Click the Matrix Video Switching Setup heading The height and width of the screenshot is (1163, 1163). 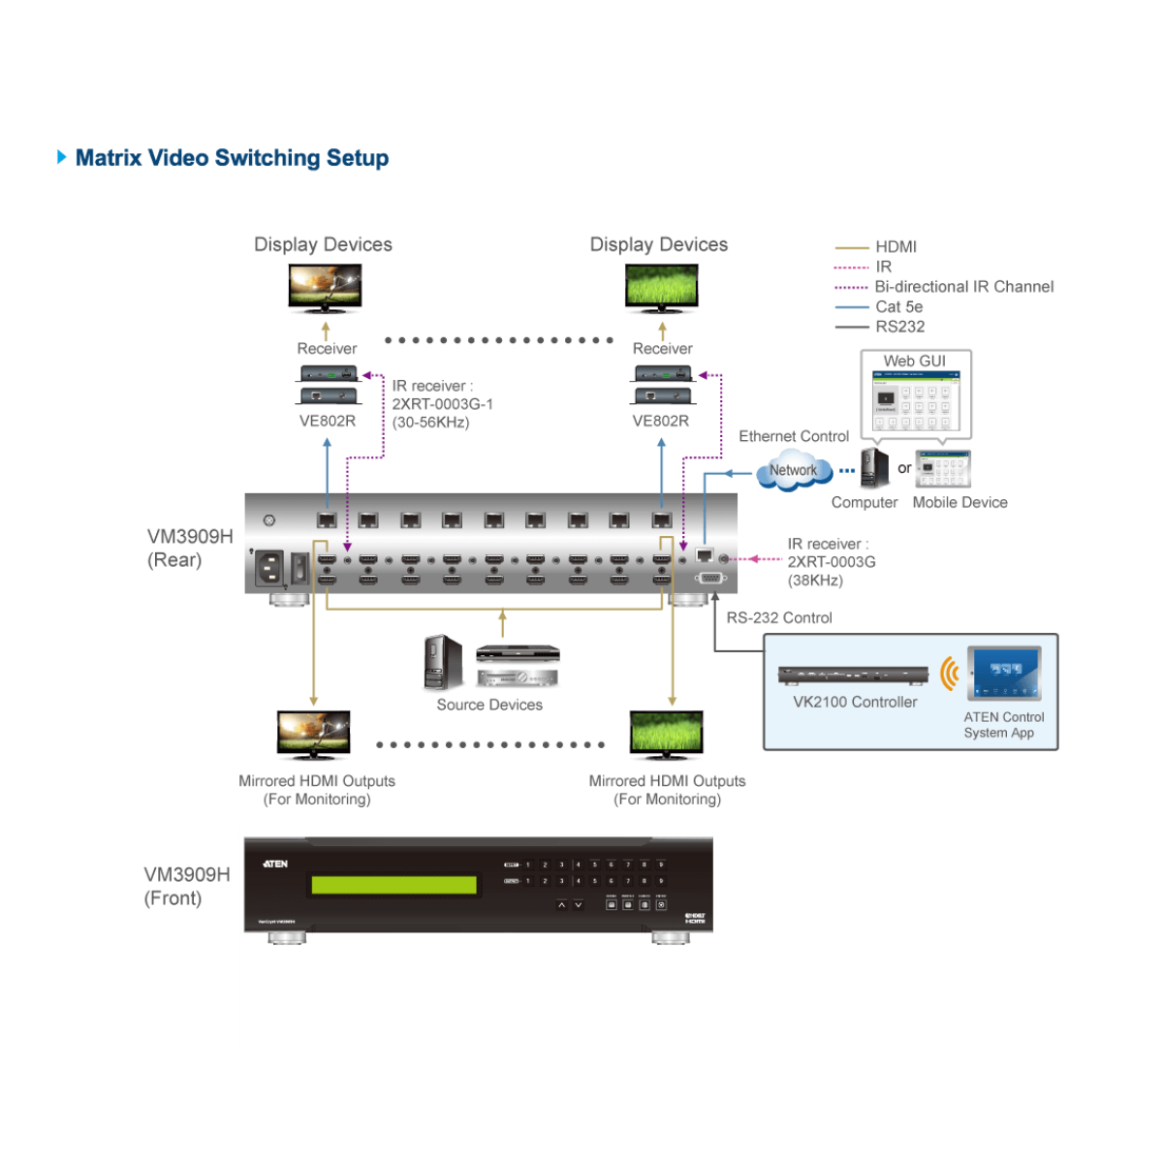(232, 158)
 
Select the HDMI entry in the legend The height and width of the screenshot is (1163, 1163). (896, 247)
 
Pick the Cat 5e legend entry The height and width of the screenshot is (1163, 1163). (898, 307)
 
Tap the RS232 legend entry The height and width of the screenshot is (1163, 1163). (899, 327)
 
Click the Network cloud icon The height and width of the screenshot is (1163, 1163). (794, 471)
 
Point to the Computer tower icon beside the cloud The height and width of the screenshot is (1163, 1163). (874, 468)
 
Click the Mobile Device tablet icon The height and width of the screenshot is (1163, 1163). (942, 469)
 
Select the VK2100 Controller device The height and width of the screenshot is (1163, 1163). (853, 675)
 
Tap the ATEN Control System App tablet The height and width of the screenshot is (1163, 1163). (1004, 673)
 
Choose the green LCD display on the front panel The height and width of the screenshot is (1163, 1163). (393, 885)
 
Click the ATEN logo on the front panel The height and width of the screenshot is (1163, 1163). (275, 864)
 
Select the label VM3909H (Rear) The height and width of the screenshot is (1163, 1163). (190, 548)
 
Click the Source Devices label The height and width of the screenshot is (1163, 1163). (489, 705)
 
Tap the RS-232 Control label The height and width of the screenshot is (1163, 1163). (779, 617)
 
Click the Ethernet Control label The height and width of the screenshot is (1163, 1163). (794, 436)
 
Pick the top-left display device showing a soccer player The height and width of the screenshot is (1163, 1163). (325, 288)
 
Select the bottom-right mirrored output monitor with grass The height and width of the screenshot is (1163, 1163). (666, 734)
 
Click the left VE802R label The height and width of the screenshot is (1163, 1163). (328, 421)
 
